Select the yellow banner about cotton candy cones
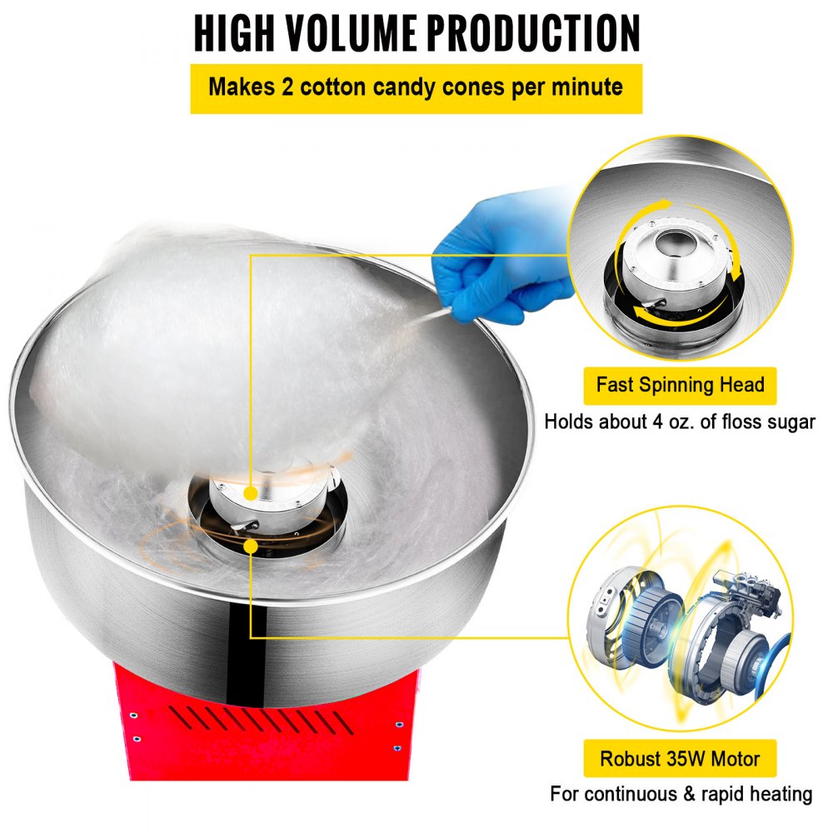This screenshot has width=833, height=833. click(x=416, y=88)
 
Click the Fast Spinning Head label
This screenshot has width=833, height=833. click(x=680, y=386)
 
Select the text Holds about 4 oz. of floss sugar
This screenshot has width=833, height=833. click(x=680, y=422)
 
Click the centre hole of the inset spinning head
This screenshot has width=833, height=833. click(x=671, y=242)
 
